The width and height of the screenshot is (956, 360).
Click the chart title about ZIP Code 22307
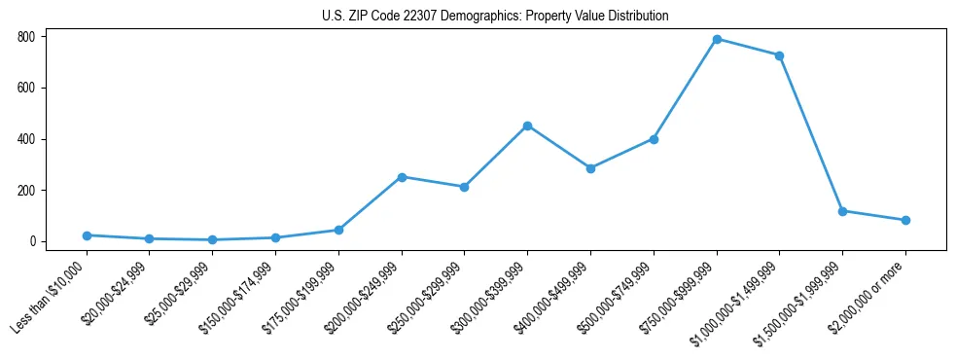(x=495, y=17)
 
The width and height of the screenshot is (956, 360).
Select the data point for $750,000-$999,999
(x=717, y=39)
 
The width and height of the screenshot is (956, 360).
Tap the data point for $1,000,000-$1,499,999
(x=779, y=55)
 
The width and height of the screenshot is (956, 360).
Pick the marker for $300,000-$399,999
(x=527, y=126)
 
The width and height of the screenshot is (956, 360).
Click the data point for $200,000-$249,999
(x=402, y=177)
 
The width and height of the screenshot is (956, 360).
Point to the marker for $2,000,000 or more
(x=905, y=220)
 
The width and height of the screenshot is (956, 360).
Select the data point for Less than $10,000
(x=87, y=235)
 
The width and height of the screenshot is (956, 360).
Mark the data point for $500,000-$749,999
(x=654, y=139)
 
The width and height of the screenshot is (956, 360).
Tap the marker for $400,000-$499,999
(x=590, y=168)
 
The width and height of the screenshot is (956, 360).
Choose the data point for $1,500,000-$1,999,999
(x=842, y=211)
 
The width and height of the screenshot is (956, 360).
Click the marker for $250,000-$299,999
(x=464, y=187)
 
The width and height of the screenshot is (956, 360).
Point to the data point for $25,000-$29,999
(x=212, y=239)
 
